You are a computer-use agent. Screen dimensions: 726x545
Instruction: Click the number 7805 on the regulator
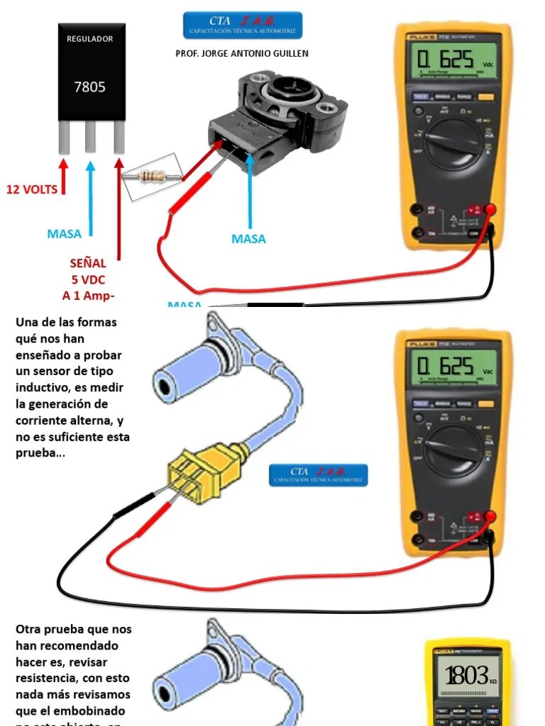(89, 87)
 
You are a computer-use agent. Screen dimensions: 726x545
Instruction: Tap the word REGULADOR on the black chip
(89, 39)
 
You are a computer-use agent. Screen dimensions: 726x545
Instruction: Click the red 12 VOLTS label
(32, 189)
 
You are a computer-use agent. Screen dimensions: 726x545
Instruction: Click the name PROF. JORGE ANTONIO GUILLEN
(241, 53)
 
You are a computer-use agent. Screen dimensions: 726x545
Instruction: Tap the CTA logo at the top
(242, 25)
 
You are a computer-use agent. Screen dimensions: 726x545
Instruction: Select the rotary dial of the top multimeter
(453, 143)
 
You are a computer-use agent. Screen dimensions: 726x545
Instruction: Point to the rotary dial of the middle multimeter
(453, 450)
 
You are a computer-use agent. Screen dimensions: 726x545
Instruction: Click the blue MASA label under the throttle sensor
(248, 239)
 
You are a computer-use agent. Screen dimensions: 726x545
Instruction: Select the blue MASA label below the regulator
(64, 233)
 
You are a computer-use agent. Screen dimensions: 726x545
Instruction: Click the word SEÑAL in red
(88, 264)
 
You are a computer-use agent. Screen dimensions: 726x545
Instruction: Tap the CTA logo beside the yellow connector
(319, 475)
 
